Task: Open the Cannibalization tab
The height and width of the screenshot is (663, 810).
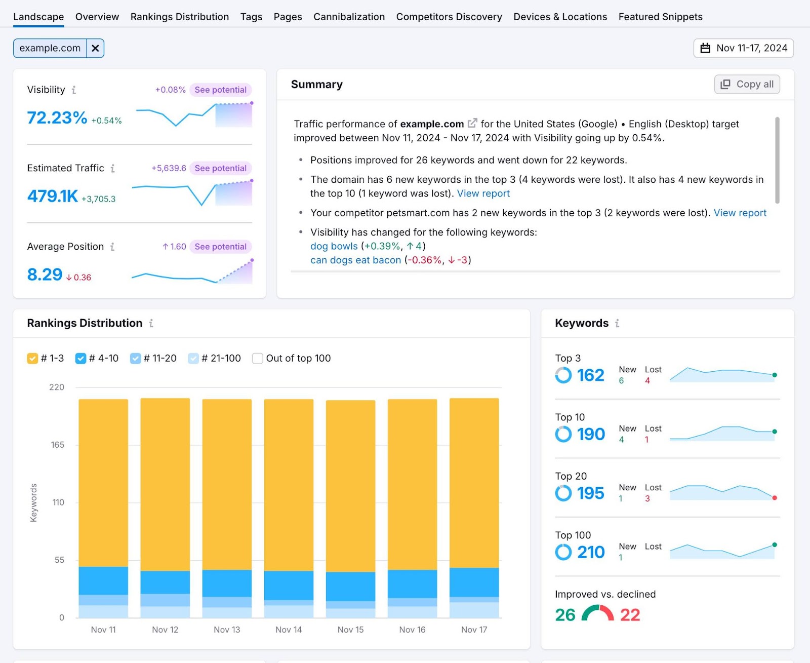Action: (x=349, y=17)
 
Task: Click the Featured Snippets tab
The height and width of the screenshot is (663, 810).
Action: (x=660, y=17)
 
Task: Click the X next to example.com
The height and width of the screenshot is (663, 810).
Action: (x=95, y=48)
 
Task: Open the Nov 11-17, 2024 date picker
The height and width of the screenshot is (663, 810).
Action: (x=743, y=48)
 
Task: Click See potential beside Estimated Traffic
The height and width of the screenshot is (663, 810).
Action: (x=220, y=168)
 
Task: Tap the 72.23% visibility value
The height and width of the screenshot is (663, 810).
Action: (x=57, y=118)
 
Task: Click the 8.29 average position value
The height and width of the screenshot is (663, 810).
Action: (x=45, y=275)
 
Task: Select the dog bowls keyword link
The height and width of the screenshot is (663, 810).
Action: (x=334, y=246)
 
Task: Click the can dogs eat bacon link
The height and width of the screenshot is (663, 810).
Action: (x=355, y=260)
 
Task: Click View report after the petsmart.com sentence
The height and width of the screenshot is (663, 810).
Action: (x=740, y=213)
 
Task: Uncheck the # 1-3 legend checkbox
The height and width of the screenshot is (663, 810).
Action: (x=32, y=359)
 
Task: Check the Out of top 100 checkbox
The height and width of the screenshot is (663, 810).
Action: (x=258, y=359)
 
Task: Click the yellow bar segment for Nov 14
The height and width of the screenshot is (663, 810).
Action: (x=289, y=484)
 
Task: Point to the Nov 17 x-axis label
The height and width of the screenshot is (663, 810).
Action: (x=474, y=630)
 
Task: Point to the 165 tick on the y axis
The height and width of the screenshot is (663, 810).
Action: (x=57, y=445)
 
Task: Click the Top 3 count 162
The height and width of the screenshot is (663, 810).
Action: (x=590, y=375)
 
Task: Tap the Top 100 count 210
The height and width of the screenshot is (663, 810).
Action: (x=590, y=552)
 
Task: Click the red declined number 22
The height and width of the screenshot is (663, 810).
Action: (x=630, y=615)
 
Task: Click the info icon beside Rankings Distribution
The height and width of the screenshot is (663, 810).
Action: (x=151, y=323)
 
